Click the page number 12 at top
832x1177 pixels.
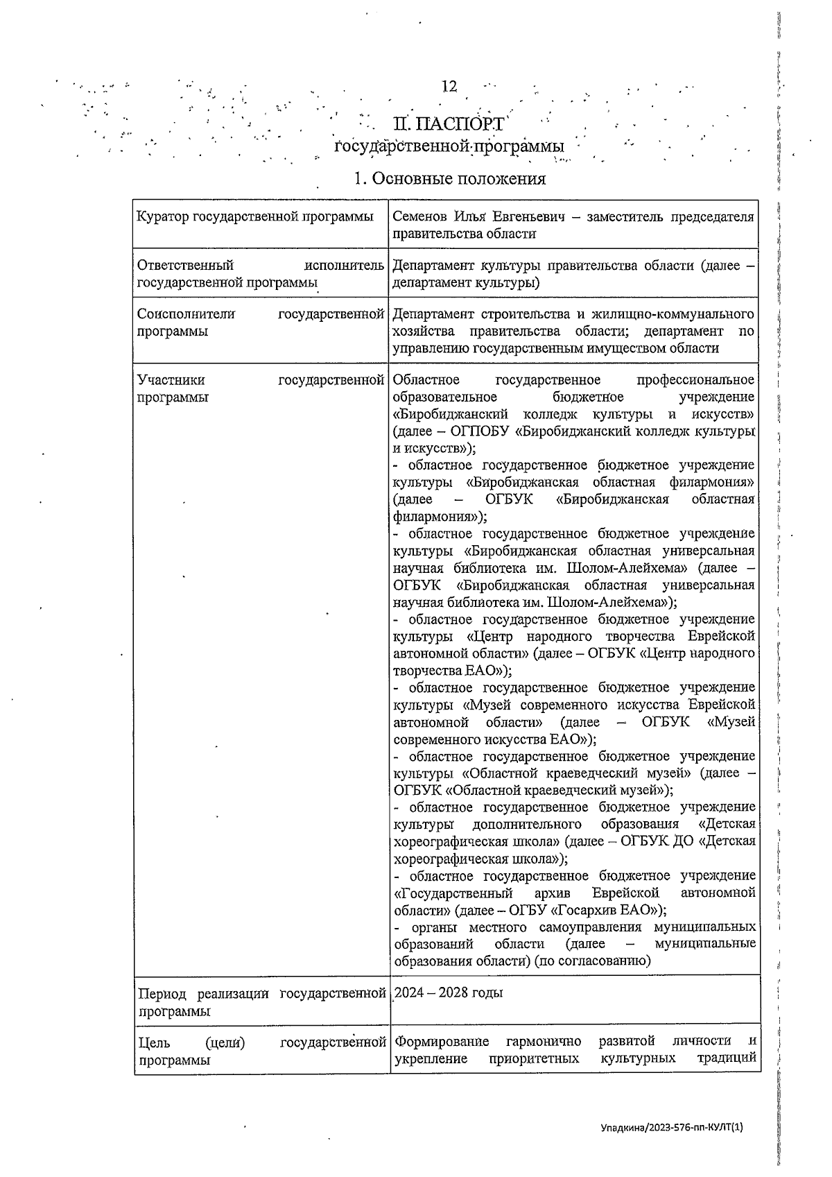pyautogui.click(x=449, y=86)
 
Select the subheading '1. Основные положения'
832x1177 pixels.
pyautogui.click(x=449, y=179)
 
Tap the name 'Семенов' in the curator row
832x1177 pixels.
pyautogui.click(x=417, y=216)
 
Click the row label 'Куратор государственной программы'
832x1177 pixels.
pyautogui.click(x=255, y=216)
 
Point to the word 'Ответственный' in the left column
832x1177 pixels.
pyautogui.click(x=185, y=265)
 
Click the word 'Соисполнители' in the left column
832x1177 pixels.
pyautogui.click(x=186, y=313)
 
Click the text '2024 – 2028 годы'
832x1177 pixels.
pyautogui.click(x=449, y=993)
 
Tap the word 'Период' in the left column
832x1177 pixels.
pyautogui.click(x=164, y=993)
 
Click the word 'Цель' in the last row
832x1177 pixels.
pyautogui.click(x=154, y=1042)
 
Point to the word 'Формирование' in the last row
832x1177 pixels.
pyautogui.click(x=442, y=1042)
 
